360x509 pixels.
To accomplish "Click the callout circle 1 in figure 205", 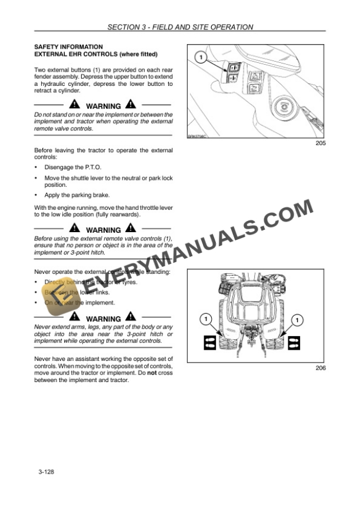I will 201,57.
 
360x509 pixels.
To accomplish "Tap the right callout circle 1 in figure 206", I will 297,319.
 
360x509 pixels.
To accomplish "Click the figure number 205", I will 321,143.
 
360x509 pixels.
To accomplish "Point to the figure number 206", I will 321,369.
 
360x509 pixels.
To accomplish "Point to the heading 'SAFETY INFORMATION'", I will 69,46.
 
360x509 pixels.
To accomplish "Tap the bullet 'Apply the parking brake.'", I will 77,195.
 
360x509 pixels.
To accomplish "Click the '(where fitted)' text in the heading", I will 138,54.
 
